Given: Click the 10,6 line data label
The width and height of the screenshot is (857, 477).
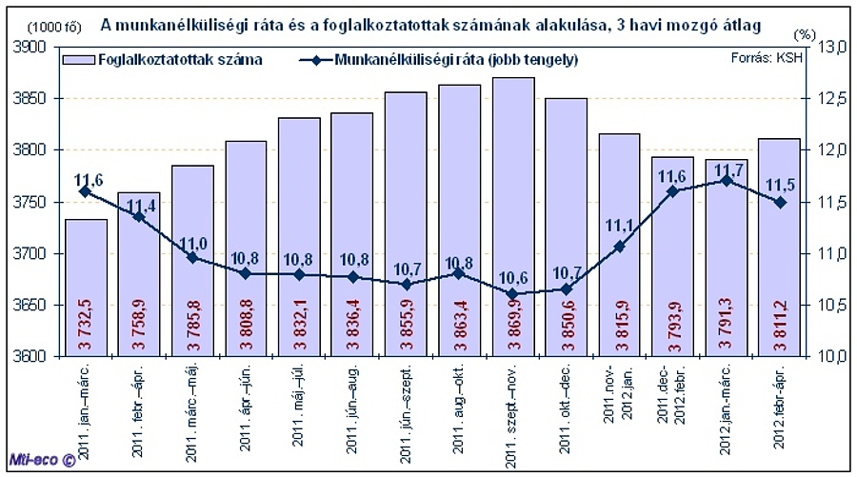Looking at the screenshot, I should pyautogui.click(x=512, y=278).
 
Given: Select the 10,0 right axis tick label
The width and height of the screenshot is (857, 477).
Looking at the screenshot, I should pyautogui.click(x=832, y=357).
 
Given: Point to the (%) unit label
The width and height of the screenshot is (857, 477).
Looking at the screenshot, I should pyautogui.click(x=805, y=33).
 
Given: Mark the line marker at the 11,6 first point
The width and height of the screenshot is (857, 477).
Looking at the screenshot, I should pyautogui.click(x=86, y=191).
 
